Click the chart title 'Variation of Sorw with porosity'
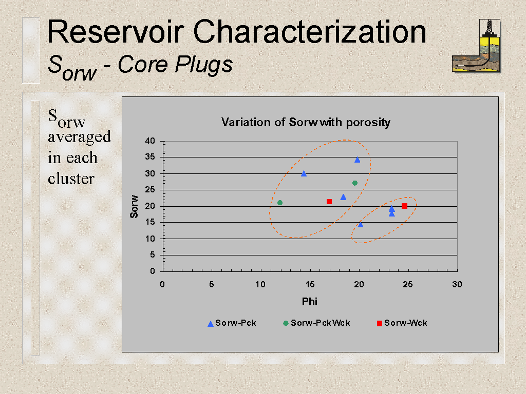[306, 122]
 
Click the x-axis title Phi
[309, 302]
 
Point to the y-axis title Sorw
[134, 206]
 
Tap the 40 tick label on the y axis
[150, 141]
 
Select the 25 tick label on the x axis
[407, 284]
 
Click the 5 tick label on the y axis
[152, 255]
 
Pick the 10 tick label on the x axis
[260, 284]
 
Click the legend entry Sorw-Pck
[232, 323]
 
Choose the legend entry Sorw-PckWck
[316, 323]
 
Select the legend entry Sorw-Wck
[402, 323]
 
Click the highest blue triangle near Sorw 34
[358, 160]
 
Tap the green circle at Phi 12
[280, 203]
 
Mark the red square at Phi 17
[329, 202]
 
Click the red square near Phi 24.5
[405, 206]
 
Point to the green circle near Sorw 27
[355, 183]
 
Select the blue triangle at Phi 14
[304, 173]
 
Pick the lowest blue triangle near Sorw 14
[361, 225]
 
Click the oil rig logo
[476, 46]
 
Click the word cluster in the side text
[71, 179]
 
